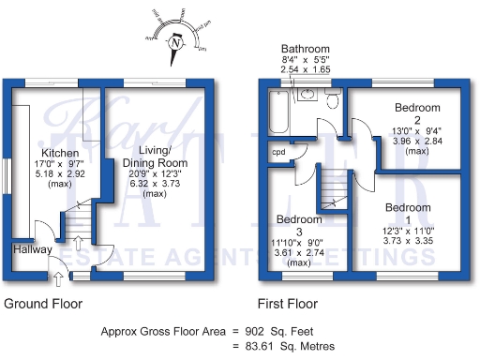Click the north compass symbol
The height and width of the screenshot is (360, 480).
click(174, 42)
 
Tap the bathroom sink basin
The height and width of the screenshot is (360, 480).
click(307, 95)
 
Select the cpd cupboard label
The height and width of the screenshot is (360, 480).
click(278, 152)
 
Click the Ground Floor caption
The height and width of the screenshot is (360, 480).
click(43, 304)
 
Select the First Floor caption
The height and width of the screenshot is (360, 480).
click(287, 304)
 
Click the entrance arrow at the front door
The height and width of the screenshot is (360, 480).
click(57, 277)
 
